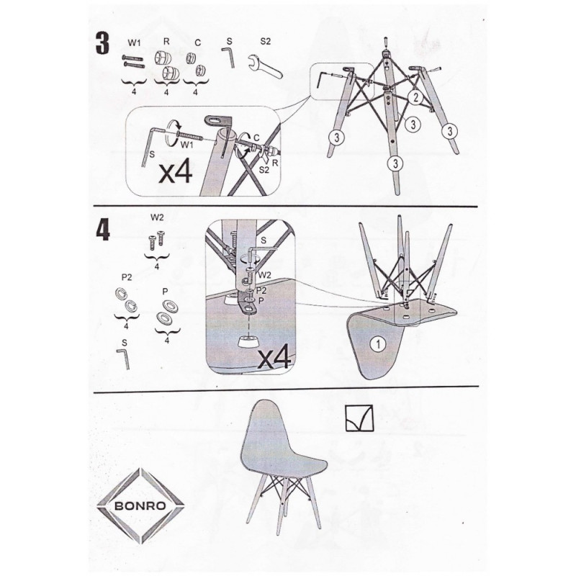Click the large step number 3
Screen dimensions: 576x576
click(102, 43)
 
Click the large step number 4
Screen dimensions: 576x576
click(103, 230)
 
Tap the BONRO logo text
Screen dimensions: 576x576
click(140, 506)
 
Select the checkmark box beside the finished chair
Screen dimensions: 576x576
click(359, 418)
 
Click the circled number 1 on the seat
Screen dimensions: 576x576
click(378, 344)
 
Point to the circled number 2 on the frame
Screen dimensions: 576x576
click(415, 97)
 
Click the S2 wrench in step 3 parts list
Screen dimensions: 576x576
click(265, 66)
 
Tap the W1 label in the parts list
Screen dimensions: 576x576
click(134, 43)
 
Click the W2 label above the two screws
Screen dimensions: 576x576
click(157, 217)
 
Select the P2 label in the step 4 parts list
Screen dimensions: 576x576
click(127, 278)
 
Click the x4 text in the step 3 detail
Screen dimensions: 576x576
click(175, 172)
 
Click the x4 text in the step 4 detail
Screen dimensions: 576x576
click(275, 358)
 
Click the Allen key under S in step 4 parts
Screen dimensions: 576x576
click(124, 359)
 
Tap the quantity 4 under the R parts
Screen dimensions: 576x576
click(166, 92)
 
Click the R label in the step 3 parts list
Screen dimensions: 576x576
click(166, 41)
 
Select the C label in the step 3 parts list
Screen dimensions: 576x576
click(197, 43)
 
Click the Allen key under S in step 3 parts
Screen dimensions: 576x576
click(229, 57)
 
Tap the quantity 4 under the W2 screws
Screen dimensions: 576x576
click(157, 266)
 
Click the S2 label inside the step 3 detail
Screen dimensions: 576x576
click(264, 169)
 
